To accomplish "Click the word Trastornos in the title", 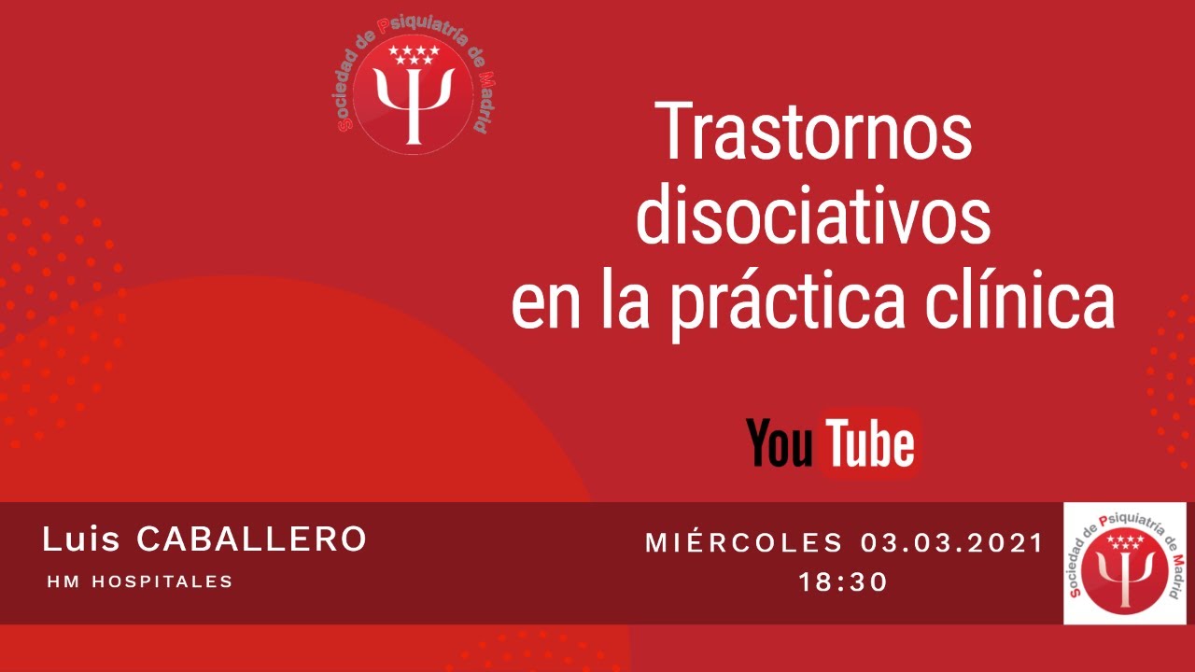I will click(x=813, y=132).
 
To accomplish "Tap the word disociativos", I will click(x=813, y=217).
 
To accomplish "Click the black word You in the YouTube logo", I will click(x=780, y=444).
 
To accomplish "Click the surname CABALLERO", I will click(x=251, y=539).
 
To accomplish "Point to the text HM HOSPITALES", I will click(x=139, y=581).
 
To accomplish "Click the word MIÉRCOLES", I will click(x=744, y=542).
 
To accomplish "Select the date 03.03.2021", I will click(x=951, y=542).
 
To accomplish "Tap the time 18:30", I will click(x=843, y=582).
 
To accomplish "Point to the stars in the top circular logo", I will click(x=414, y=54).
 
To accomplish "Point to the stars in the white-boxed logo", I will click(x=1125, y=542).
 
